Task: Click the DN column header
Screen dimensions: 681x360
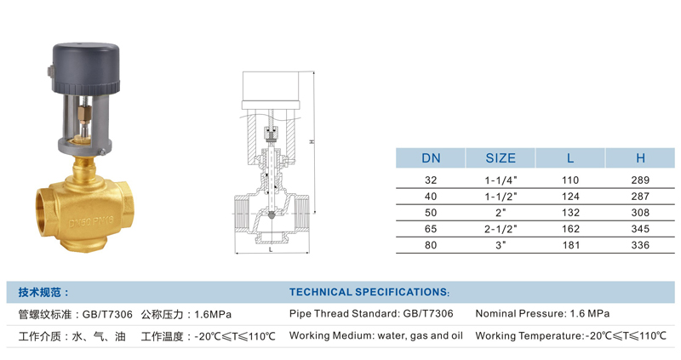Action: click(x=431, y=158)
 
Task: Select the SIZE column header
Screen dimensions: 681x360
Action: click(x=501, y=158)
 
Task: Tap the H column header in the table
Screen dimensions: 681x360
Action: click(x=640, y=158)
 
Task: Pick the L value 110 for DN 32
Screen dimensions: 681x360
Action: click(x=570, y=180)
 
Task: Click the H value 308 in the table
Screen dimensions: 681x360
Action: click(x=640, y=213)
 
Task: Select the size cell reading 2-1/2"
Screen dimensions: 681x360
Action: click(x=501, y=229)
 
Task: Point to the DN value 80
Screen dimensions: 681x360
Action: click(x=431, y=245)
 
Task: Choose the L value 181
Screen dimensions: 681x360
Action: click(x=570, y=245)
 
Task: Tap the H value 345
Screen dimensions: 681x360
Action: click(x=640, y=229)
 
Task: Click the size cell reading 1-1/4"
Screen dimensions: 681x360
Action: click(x=501, y=180)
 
